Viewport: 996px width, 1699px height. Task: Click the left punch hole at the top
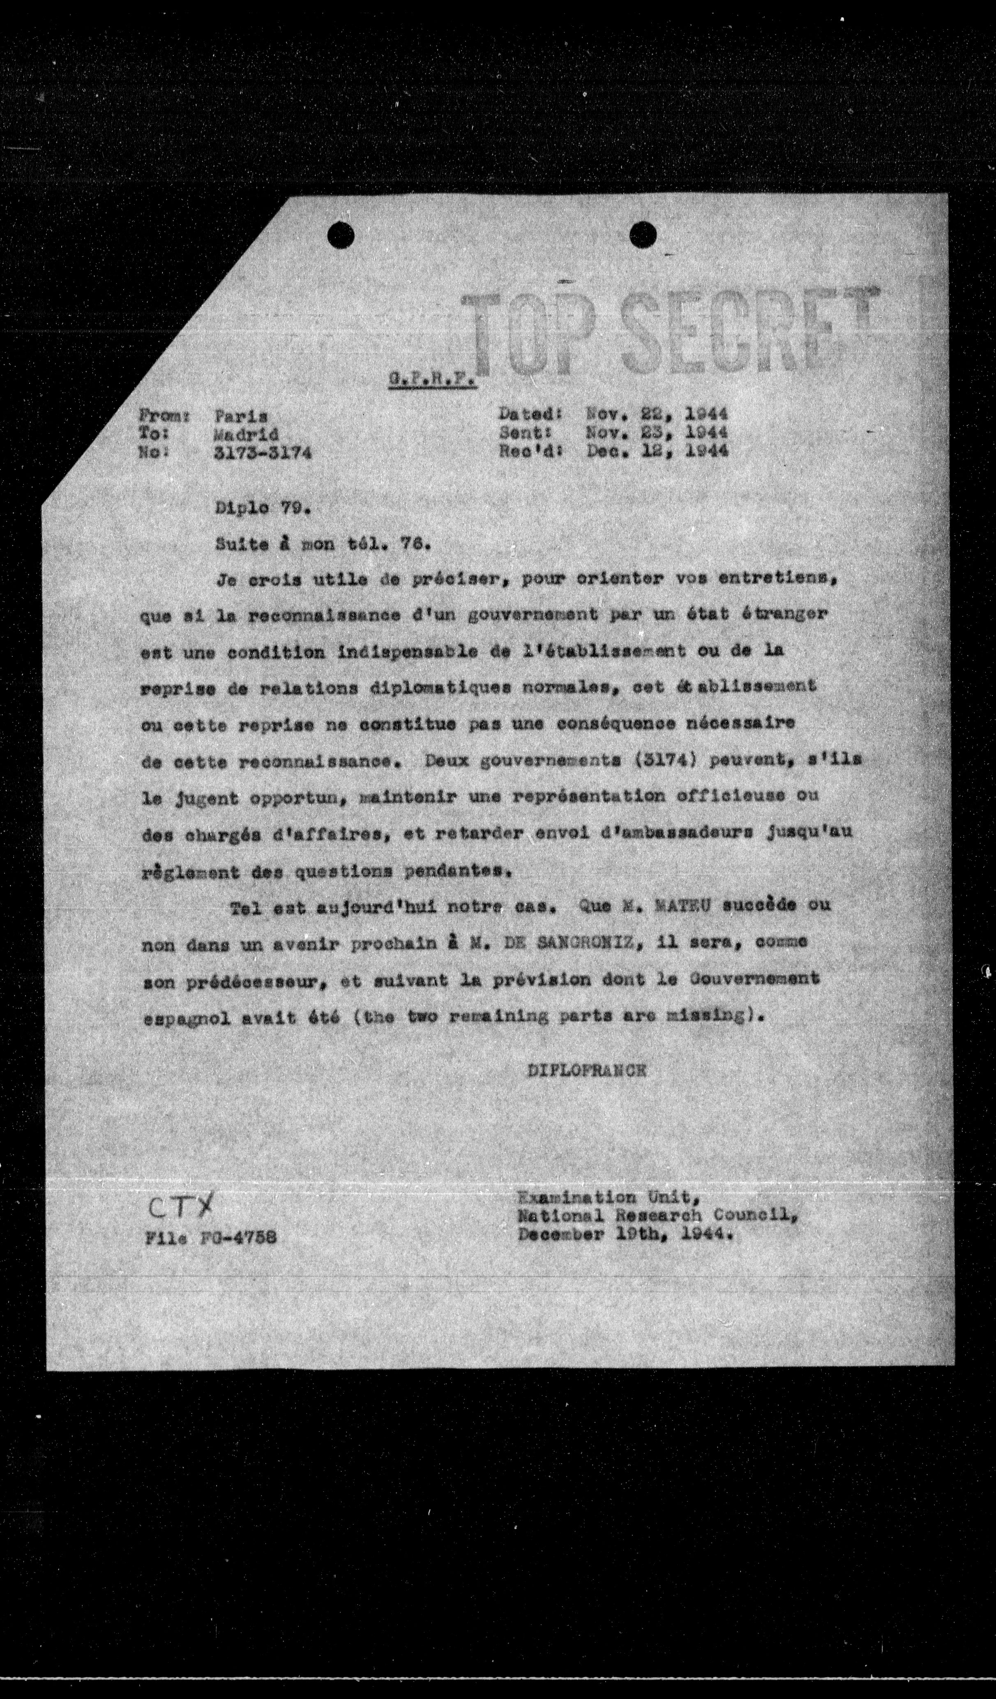(341, 235)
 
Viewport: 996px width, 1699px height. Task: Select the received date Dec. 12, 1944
(657, 451)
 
